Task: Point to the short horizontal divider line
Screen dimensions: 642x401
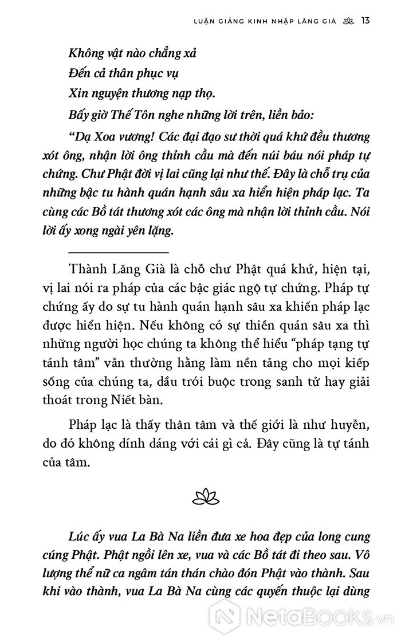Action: coord(119,253)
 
